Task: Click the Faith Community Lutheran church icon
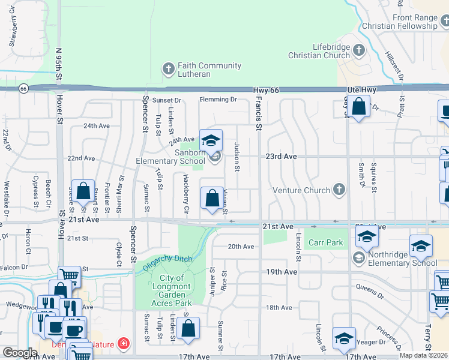click(x=169, y=70)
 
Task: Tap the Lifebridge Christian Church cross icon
click(x=359, y=50)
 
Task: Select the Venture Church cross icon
click(x=339, y=190)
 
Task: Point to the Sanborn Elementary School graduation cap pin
click(x=211, y=141)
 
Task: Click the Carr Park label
click(x=325, y=243)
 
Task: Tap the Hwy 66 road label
click(x=267, y=90)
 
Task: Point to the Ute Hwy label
click(x=361, y=90)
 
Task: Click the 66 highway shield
click(x=23, y=88)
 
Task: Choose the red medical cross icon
click(x=124, y=344)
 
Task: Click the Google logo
click(x=20, y=353)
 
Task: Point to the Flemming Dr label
click(x=218, y=100)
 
